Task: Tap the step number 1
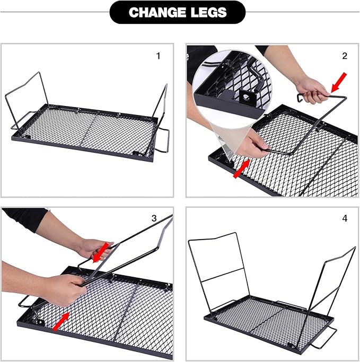[x=158, y=56]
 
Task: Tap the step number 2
[x=345, y=56]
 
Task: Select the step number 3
[x=154, y=218]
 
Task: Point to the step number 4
[x=345, y=218]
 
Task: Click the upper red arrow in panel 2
[x=339, y=83]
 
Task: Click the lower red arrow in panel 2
[x=242, y=169]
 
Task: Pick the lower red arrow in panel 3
[x=61, y=321]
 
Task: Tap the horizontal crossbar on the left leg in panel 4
[x=222, y=275]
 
